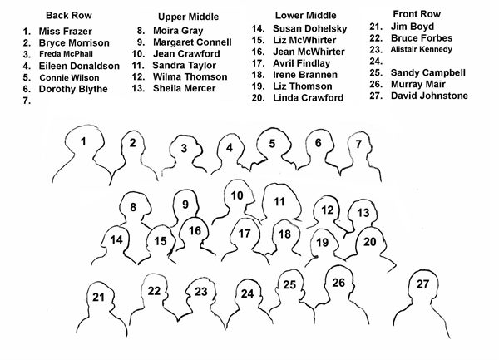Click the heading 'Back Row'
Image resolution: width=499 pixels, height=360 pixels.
click(x=69, y=15)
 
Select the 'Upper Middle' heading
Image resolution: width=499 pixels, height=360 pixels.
click(x=189, y=17)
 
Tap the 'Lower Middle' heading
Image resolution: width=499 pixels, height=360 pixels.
click(x=305, y=15)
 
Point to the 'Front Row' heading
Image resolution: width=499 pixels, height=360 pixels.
click(x=417, y=14)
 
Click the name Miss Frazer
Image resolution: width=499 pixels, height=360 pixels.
click(x=65, y=31)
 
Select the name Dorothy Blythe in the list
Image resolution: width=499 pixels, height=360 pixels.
click(x=73, y=89)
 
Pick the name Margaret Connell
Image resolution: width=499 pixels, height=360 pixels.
click(x=192, y=42)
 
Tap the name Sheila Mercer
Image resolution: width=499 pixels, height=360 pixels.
click(x=185, y=88)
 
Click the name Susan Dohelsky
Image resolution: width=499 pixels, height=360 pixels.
click(x=310, y=28)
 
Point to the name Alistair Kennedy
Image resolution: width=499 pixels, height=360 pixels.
click(x=422, y=49)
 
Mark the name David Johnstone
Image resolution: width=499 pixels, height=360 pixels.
click(x=429, y=96)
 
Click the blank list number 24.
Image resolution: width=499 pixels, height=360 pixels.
click(x=376, y=61)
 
